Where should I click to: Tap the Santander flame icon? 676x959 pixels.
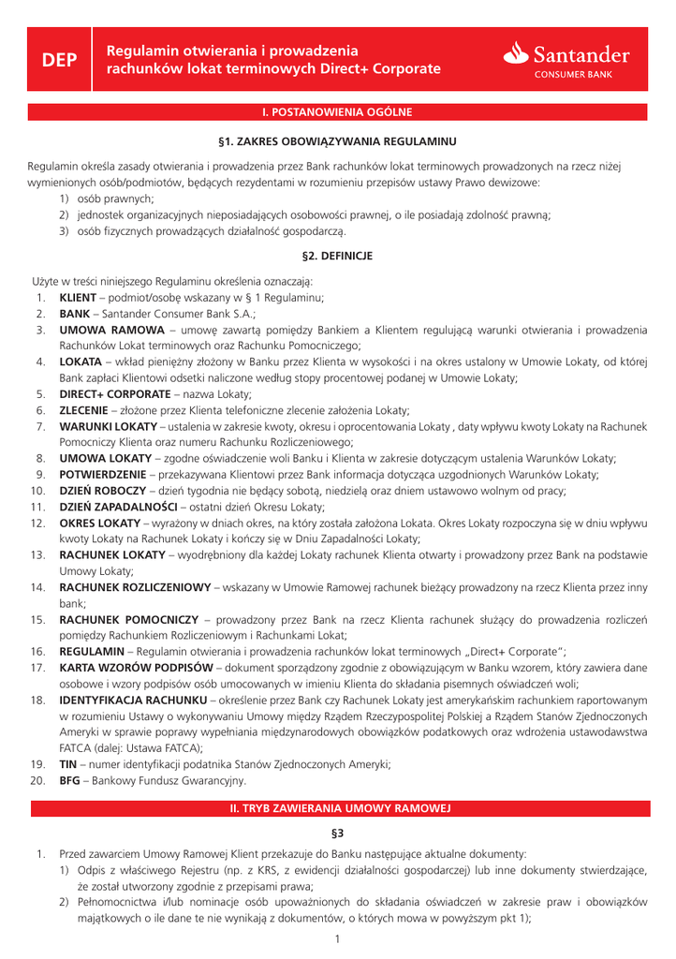(x=517, y=54)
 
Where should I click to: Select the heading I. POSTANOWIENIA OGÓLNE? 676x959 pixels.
(x=337, y=112)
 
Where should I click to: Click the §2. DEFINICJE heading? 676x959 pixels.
(x=337, y=255)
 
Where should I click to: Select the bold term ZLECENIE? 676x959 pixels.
(x=88, y=410)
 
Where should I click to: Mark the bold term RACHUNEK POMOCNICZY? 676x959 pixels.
(x=128, y=619)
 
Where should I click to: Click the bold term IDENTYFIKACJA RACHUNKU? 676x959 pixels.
(x=132, y=700)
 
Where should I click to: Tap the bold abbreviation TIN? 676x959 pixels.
(x=67, y=763)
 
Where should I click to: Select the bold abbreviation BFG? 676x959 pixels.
(x=69, y=779)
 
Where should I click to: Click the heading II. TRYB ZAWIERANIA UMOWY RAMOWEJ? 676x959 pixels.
(x=337, y=806)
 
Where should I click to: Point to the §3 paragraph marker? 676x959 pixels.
(x=337, y=833)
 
